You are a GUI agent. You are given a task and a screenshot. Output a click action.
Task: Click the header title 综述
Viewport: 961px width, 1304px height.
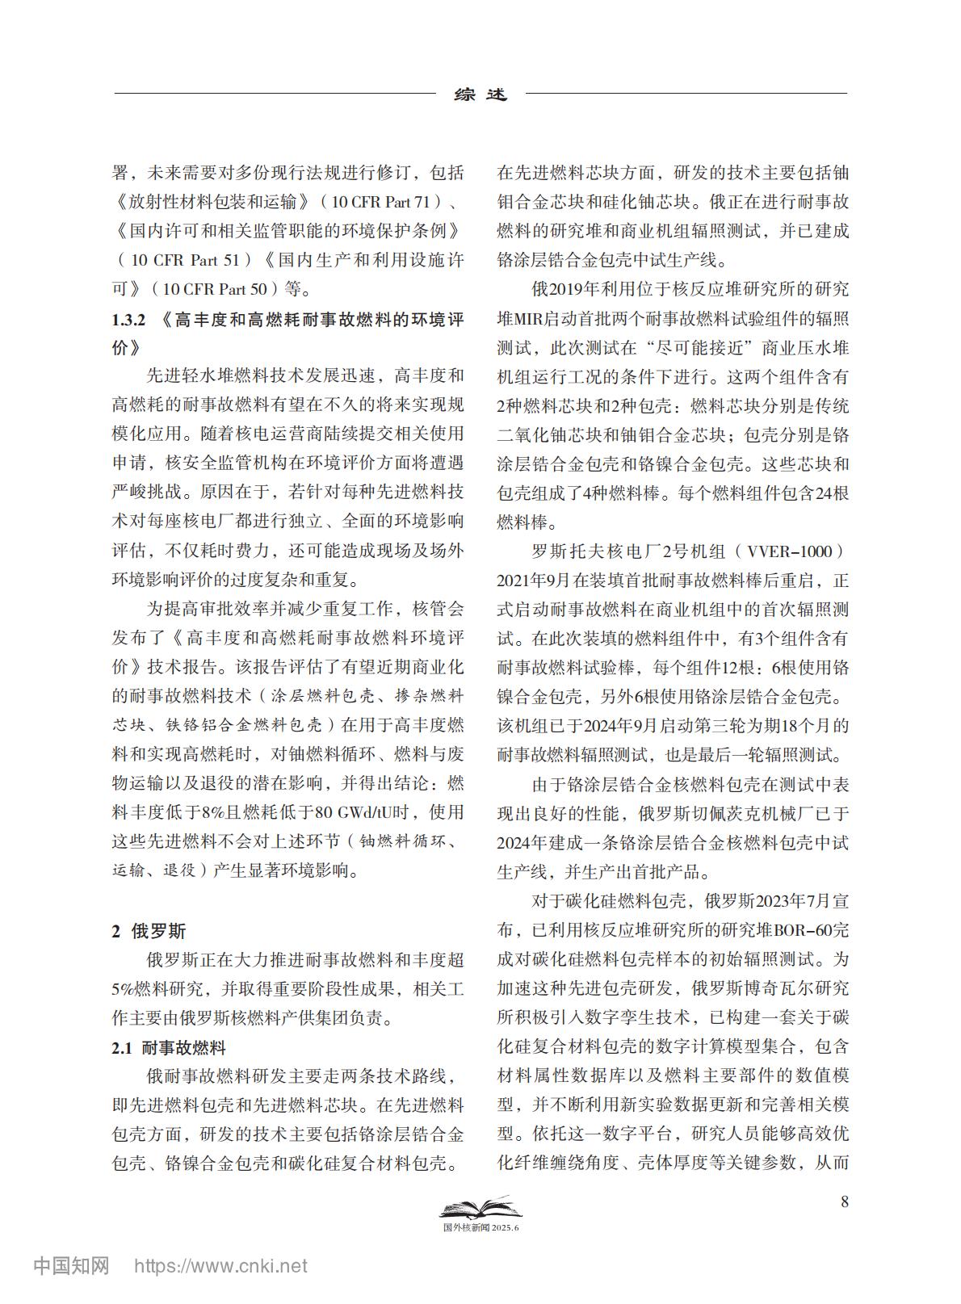[481, 94]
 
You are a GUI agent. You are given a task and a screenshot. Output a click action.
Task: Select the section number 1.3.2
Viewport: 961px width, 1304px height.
[128, 320]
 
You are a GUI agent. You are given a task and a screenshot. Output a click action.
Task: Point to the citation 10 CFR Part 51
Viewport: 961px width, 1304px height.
[185, 260]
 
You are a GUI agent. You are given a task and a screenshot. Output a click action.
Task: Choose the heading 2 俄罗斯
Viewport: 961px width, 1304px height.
[149, 931]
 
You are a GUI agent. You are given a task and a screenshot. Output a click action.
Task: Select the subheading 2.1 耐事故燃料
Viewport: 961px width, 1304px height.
[169, 1048]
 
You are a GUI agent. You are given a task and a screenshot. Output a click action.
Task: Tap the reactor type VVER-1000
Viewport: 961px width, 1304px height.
[789, 551]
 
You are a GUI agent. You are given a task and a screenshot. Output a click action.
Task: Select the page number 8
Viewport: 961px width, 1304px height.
[845, 1201]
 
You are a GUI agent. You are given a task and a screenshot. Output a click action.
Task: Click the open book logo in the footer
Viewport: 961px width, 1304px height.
[480, 1209]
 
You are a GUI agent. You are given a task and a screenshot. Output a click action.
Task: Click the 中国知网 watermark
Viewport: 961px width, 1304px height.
[71, 1265]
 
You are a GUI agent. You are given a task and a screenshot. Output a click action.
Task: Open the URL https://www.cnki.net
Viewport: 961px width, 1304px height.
[220, 1266]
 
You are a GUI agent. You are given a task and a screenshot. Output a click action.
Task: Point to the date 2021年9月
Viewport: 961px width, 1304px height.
[534, 581]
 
